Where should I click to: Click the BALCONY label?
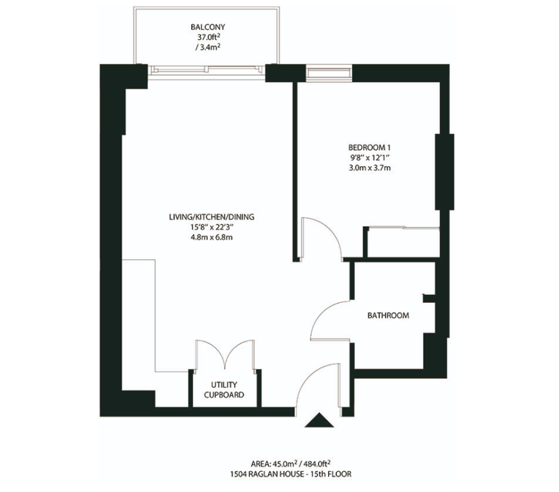click(208, 27)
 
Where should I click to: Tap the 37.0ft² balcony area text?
click(208, 37)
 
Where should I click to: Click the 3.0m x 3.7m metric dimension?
click(369, 168)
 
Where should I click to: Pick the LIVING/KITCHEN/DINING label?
click(212, 217)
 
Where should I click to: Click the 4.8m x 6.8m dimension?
click(212, 237)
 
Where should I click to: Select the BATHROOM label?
click(389, 315)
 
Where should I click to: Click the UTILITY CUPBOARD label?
click(224, 390)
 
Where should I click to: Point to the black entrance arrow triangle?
click(319, 420)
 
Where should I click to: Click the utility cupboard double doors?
click(225, 354)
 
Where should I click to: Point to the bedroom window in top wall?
click(328, 72)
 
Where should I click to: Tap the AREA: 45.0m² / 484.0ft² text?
click(290, 464)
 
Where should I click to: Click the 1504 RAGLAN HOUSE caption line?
click(290, 474)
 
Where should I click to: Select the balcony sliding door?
click(207, 71)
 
